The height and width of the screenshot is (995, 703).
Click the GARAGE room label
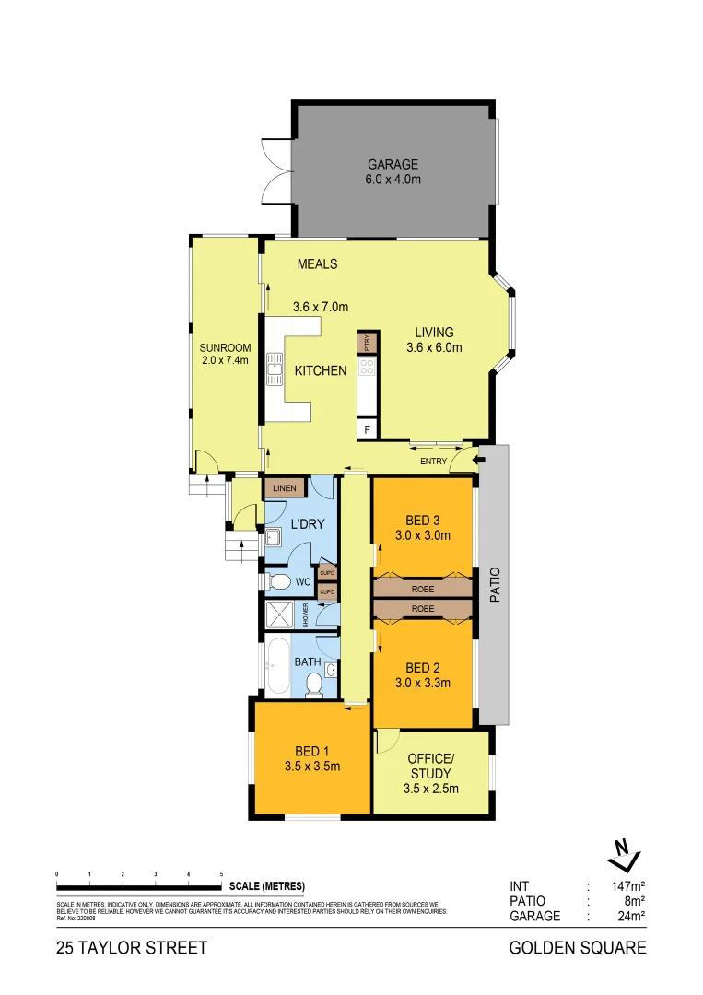click(x=393, y=165)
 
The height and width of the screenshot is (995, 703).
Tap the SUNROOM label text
click(x=224, y=348)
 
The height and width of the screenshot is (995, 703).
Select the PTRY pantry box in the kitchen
click(x=367, y=343)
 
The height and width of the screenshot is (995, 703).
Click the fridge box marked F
click(x=368, y=429)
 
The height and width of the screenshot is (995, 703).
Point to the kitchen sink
click(x=274, y=370)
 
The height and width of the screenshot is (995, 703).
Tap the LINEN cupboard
click(x=283, y=487)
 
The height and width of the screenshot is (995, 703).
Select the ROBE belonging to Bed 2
click(x=423, y=609)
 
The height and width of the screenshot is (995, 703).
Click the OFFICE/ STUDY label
click(x=430, y=766)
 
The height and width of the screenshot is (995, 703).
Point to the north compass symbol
click(x=623, y=855)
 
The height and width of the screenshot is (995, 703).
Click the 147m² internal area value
click(x=626, y=886)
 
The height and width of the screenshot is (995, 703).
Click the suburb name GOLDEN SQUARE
click(x=578, y=947)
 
